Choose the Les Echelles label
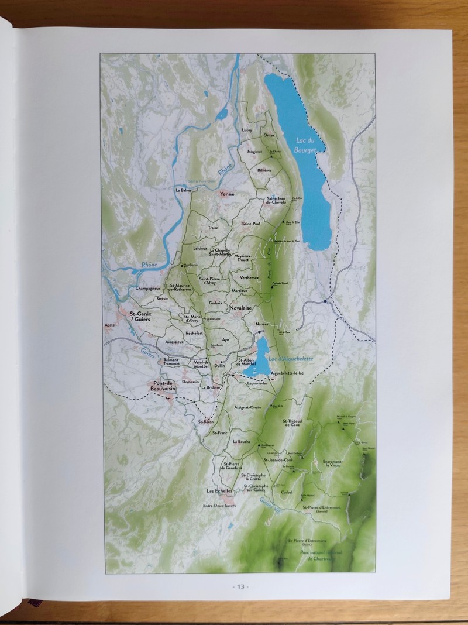click(220, 490)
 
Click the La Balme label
click(183, 190)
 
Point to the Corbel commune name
click(287, 492)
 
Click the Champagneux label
click(147, 289)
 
